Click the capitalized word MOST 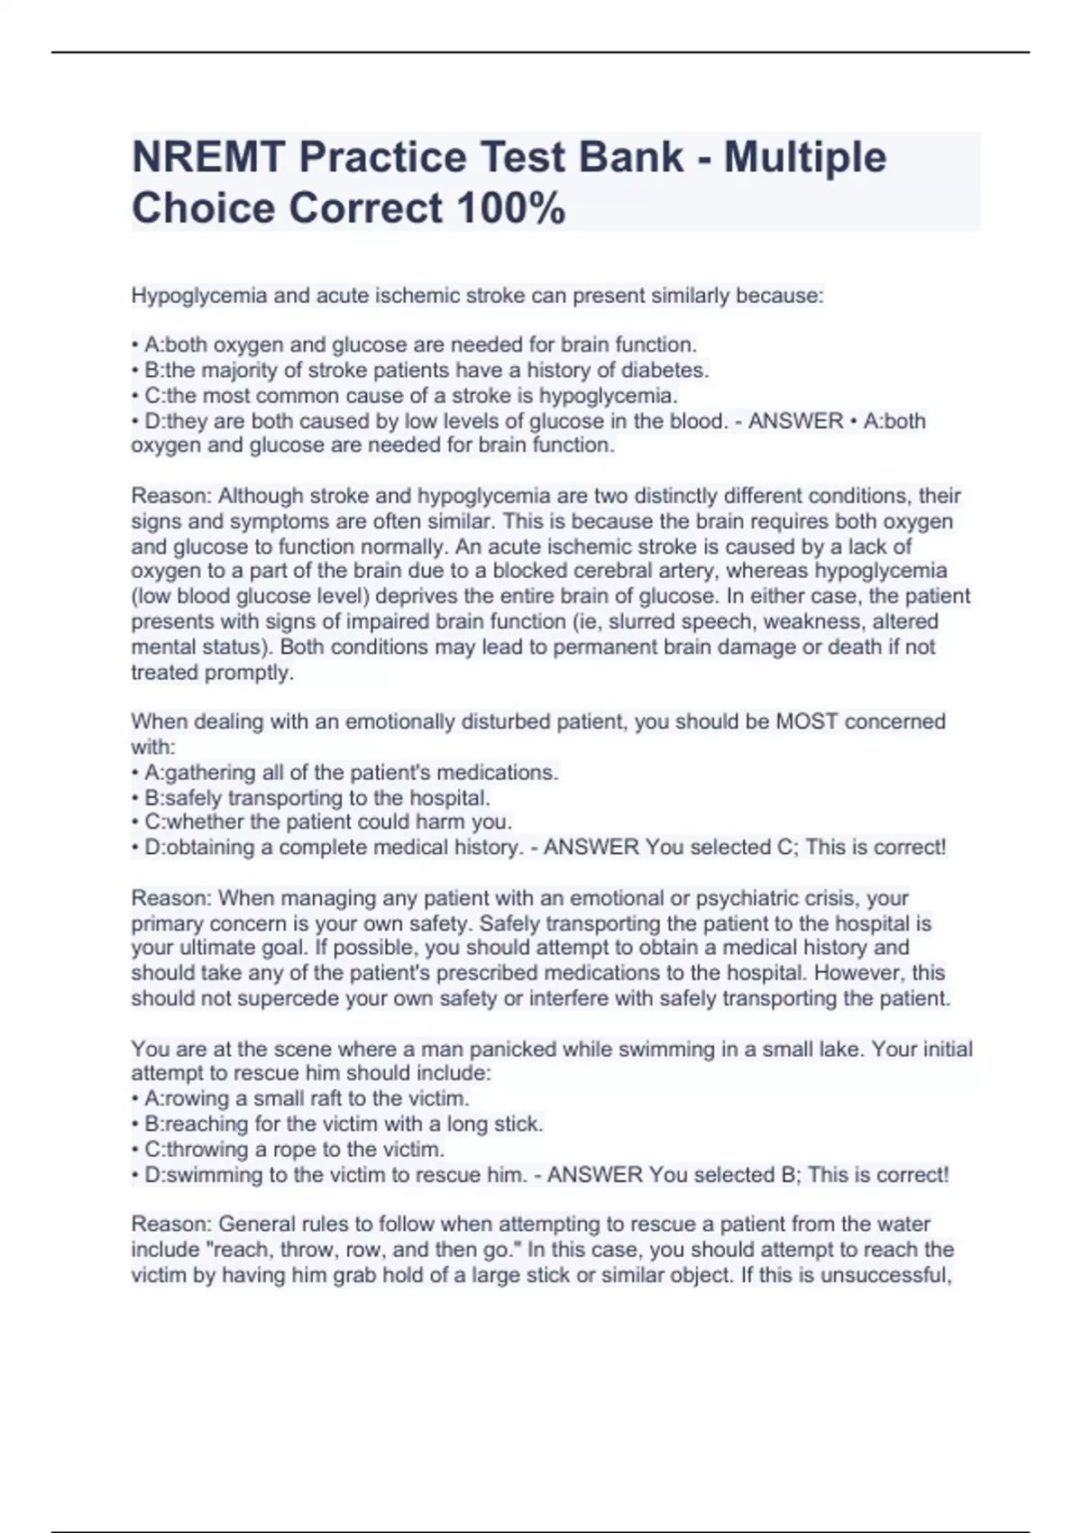[807, 721]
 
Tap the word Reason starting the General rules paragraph [170, 1225]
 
